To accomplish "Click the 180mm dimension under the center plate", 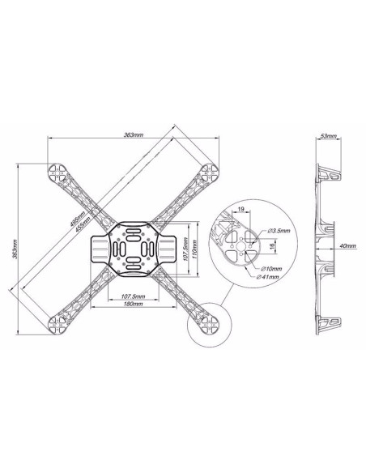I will tap(134, 305).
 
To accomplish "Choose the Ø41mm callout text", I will tap(270, 277).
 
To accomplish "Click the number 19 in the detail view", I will tap(242, 211).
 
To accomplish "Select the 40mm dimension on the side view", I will tap(347, 245).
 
